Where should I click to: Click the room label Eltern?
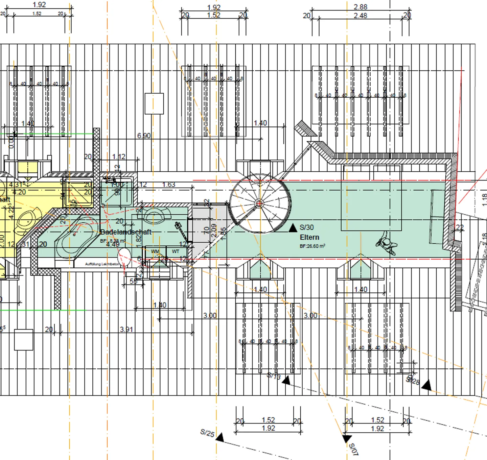click(x=309, y=237)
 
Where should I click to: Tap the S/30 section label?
click(x=306, y=227)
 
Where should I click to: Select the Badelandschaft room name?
click(x=126, y=232)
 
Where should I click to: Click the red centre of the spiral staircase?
click(x=259, y=203)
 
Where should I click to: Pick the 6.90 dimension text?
click(x=144, y=136)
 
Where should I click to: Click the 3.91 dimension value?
click(x=126, y=329)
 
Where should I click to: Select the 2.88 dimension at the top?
click(x=361, y=7)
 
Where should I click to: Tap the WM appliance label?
click(x=155, y=251)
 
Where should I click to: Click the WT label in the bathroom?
click(x=176, y=251)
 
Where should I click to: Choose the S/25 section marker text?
click(x=207, y=433)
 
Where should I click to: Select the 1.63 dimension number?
click(x=169, y=185)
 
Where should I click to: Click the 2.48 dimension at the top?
click(x=361, y=16)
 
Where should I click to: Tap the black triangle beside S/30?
click(x=293, y=228)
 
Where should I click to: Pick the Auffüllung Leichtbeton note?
click(x=102, y=264)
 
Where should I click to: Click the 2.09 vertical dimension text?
click(x=214, y=231)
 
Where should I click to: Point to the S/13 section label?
click(x=274, y=376)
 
